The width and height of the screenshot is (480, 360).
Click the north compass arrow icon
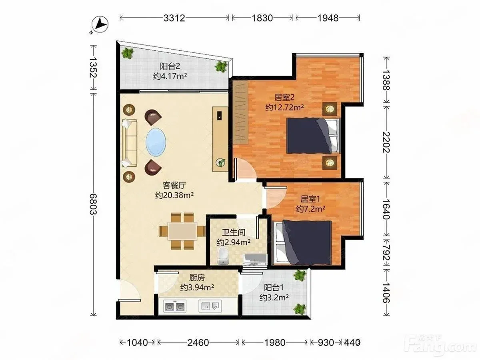click(x=100, y=24)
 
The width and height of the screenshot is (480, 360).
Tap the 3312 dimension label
click(x=174, y=18)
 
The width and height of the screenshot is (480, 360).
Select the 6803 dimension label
click(x=94, y=204)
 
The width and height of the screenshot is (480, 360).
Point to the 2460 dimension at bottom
click(x=198, y=342)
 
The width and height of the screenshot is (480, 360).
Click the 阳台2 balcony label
click(x=170, y=66)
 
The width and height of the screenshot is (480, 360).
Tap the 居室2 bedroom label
click(x=284, y=98)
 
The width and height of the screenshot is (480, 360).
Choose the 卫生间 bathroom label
click(x=234, y=232)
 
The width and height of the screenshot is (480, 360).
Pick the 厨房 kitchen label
click(x=197, y=278)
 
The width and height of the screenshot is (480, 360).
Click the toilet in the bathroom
click(x=223, y=256)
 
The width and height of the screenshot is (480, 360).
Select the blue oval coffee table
click(x=156, y=142)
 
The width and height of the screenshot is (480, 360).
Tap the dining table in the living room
click(x=182, y=231)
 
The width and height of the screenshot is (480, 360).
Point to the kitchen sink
click(x=210, y=306)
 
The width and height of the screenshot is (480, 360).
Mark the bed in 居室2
click(x=314, y=136)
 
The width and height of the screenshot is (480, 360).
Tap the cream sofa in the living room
click(x=130, y=143)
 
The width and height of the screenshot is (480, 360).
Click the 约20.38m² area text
click(x=174, y=195)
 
